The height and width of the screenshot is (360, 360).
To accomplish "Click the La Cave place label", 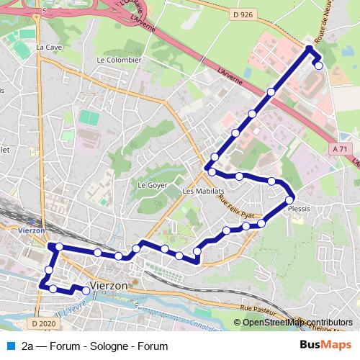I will (x=50, y=48).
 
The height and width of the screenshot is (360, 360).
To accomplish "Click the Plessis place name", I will (x=299, y=209).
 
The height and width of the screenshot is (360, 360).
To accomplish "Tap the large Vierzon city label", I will (x=109, y=284).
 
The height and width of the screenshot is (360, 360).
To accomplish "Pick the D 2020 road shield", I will (x=44, y=324).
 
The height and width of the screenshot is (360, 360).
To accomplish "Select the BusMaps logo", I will (x=325, y=346).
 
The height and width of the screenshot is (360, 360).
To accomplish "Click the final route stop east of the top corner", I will (x=319, y=66).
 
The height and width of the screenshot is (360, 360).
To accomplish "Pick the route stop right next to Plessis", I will (x=289, y=200).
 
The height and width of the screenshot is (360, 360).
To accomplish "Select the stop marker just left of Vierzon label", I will (x=86, y=290).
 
